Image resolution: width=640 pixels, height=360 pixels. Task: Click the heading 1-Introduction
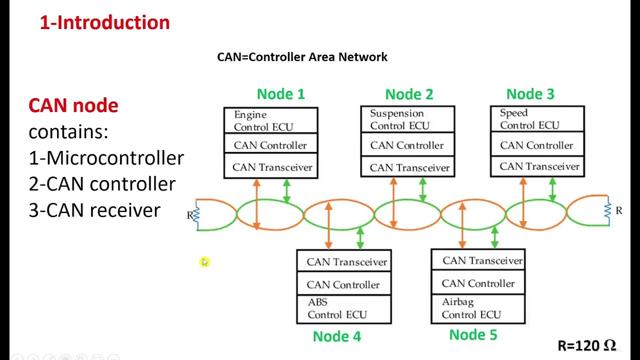[104, 22]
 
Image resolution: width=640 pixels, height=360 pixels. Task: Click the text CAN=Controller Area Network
[302, 57]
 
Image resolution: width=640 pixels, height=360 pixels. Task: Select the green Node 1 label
[280, 94]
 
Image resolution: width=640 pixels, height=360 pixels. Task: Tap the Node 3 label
[530, 94]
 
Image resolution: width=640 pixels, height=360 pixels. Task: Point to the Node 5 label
[473, 334]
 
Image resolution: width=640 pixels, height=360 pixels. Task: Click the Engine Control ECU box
[270, 120]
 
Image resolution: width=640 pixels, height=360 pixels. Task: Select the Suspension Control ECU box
[407, 119]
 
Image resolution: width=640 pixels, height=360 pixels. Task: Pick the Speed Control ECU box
[537, 119]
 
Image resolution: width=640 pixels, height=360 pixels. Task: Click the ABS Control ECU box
[343, 308]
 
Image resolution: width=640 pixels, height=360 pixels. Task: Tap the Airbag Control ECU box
[477, 308]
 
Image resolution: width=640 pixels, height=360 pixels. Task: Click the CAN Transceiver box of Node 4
[344, 261]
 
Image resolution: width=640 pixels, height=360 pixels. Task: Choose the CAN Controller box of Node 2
[407, 145]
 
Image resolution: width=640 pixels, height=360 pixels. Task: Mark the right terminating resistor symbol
[608, 210]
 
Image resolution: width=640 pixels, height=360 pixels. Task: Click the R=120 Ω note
[586, 345]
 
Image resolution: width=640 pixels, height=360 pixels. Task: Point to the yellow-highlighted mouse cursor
[204, 262]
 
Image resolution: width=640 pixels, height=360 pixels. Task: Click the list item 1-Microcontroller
[106, 158]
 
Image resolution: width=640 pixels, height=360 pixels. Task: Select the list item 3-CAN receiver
[94, 210]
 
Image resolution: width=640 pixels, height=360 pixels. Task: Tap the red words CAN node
[73, 105]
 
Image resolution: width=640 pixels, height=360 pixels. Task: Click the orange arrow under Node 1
[256, 203]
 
